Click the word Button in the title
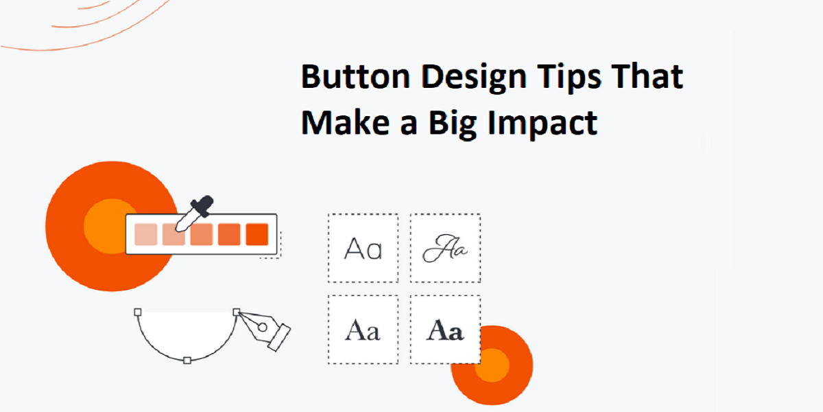pyautogui.click(x=355, y=76)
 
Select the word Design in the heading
pyautogui.click(x=474, y=78)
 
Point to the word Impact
pyautogui.click(x=542, y=124)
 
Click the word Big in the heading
pyautogui.click(x=453, y=124)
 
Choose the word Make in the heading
pyautogui.click(x=345, y=122)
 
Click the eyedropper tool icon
pyautogui.click(x=194, y=214)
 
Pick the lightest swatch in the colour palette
pyautogui.click(x=146, y=234)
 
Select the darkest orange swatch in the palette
pyautogui.click(x=257, y=234)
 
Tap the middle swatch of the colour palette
pyautogui.click(x=202, y=234)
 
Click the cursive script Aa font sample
pyautogui.click(x=445, y=249)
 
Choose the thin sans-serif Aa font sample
pyautogui.click(x=363, y=249)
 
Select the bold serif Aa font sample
pyautogui.click(x=445, y=330)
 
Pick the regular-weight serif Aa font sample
pyautogui.click(x=363, y=330)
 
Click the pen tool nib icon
pyautogui.click(x=265, y=330)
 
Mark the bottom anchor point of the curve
pyautogui.click(x=187, y=360)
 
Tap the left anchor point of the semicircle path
pyautogui.click(x=138, y=312)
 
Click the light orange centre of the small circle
pyautogui.click(x=492, y=365)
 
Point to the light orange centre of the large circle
pyautogui.click(x=106, y=226)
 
